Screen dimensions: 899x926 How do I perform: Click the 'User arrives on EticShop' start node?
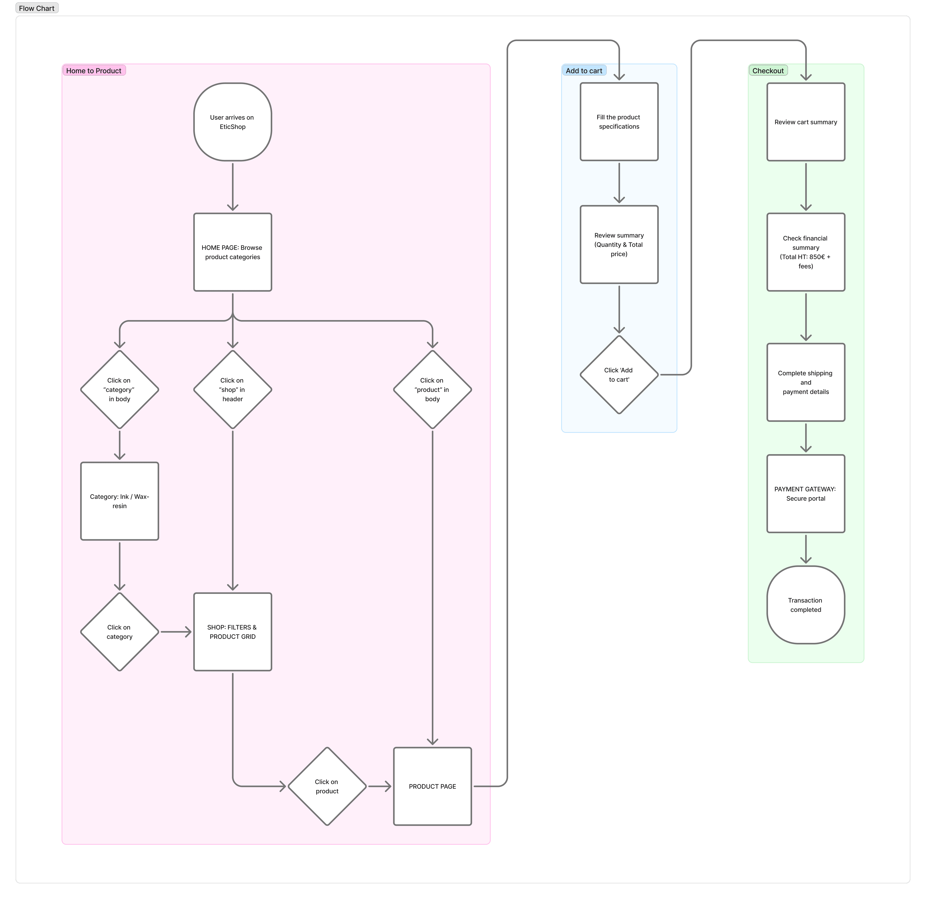click(x=232, y=122)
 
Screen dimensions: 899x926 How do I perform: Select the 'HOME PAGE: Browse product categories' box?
click(x=232, y=252)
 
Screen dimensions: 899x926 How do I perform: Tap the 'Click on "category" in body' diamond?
click(x=119, y=389)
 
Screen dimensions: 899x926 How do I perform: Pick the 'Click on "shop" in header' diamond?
click(x=232, y=389)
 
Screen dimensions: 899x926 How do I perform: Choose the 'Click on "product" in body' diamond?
click(x=432, y=389)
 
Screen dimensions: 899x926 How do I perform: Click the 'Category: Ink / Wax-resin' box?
click(x=119, y=501)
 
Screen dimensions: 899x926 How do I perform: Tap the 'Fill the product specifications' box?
click(x=619, y=122)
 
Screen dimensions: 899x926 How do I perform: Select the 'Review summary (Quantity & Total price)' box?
click(x=619, y=244)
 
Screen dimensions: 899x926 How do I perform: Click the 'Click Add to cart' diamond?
click(x=619, y=375)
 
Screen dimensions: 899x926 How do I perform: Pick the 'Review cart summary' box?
click(x=806, y=122)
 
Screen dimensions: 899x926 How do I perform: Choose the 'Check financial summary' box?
click(x=806, y=252)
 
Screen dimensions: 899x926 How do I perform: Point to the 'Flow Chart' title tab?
click(x=37, y=8)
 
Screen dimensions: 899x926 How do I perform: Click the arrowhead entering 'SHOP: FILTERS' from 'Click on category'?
click(x=188, y=632)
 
